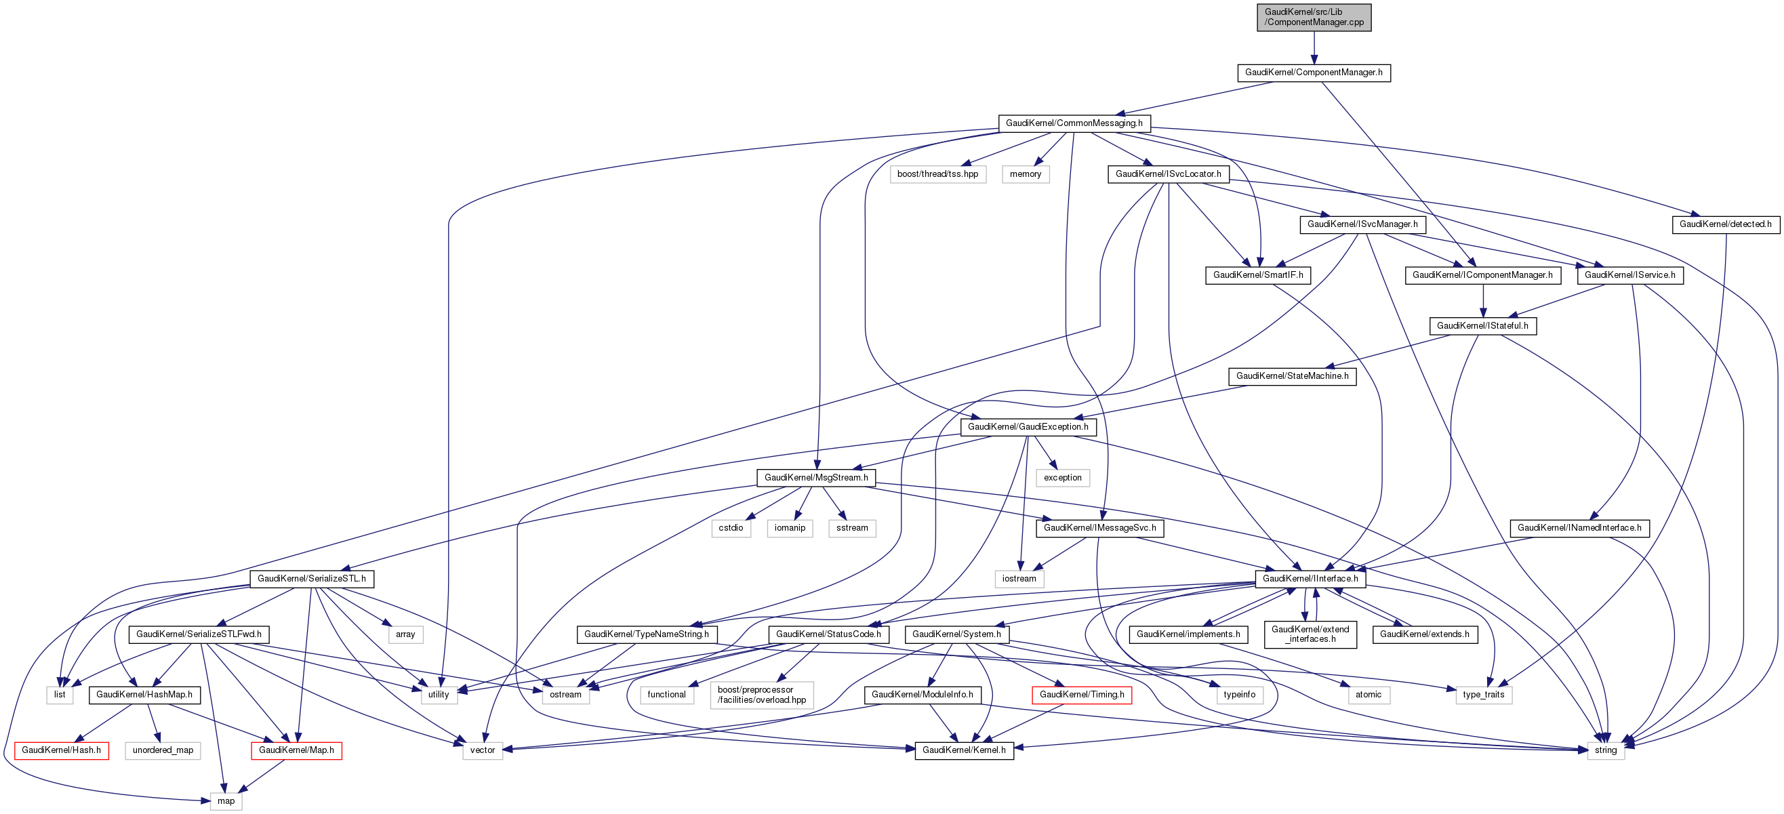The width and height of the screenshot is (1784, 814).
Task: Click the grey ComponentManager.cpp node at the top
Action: point(1314,18)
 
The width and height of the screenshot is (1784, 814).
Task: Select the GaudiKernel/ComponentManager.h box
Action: point(1313,73)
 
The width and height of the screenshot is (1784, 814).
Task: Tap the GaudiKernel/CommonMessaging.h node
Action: point(1074,123)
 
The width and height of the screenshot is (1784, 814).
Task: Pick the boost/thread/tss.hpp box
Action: point(937,174)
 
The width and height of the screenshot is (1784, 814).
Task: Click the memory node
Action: point(1025,174)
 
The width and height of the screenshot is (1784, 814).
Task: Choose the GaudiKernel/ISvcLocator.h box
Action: point(1168,174)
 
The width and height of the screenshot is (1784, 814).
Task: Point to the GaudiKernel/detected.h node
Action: point(1725,224)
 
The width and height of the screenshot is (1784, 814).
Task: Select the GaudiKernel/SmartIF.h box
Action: point(1257,275)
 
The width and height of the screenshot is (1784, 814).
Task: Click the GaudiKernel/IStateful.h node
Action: point(1482,325)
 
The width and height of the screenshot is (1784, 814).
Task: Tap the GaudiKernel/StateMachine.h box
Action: point(1293,376)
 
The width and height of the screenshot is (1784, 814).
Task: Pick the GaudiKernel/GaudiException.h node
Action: point(1028,427)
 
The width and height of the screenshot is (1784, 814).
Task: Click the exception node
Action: point(1062,478)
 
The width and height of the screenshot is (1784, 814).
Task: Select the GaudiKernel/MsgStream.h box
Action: point(816,478)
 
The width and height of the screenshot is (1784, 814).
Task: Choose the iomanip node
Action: point(790,528)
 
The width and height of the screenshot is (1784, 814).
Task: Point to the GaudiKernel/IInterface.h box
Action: point(1310,578)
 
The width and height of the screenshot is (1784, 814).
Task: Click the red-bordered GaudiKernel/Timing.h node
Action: point(1082,695)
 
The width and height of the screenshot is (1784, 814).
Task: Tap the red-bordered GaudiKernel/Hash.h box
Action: point(61,750)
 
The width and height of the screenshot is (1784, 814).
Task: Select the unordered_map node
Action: point(163,750)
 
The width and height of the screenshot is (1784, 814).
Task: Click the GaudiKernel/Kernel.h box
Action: point(964,750)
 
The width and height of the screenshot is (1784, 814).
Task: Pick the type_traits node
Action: point(1484,695)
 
